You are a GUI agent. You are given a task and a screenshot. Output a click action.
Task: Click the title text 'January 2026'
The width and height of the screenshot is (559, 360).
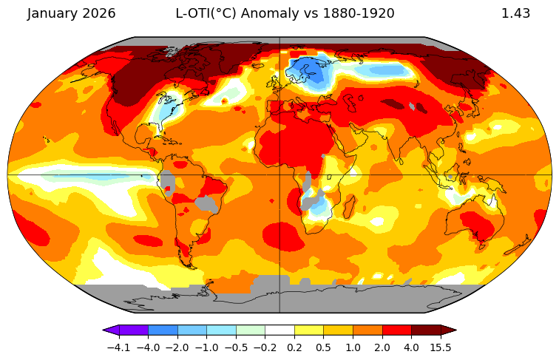(72, 14)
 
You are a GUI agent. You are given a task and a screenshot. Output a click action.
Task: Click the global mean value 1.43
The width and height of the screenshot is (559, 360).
(515, 14)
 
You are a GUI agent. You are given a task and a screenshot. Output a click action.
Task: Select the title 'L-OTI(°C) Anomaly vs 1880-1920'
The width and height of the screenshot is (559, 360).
(285, 14)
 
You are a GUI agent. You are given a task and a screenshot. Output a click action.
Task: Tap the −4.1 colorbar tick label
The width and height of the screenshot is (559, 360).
(118, 347)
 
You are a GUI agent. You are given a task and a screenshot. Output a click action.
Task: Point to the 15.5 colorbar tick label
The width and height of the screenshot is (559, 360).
(441, 347)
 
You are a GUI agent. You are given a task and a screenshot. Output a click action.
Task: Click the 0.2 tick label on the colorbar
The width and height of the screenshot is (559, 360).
(294, 347)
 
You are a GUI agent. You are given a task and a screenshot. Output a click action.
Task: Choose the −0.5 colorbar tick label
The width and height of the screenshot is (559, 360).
(236, 347)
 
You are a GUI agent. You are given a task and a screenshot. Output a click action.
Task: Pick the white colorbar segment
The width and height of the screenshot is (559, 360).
(279, 330)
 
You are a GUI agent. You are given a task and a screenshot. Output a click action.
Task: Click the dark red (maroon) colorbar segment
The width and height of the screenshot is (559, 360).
(426, 330)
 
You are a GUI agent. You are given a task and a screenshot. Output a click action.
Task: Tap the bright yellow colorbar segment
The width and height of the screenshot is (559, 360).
(309, 330)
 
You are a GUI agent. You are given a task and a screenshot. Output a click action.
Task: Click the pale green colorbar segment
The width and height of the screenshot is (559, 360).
(251, 330)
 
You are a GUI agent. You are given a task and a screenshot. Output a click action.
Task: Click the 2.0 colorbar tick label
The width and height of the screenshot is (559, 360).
(382, 347)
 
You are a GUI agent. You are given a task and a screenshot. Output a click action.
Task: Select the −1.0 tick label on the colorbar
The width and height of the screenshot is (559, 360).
(206, 347)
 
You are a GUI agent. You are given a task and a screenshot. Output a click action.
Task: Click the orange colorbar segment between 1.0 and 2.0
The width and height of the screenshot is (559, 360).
(367, 330)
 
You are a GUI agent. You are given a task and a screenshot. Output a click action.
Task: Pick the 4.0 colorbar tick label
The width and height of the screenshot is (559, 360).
(411, 347)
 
